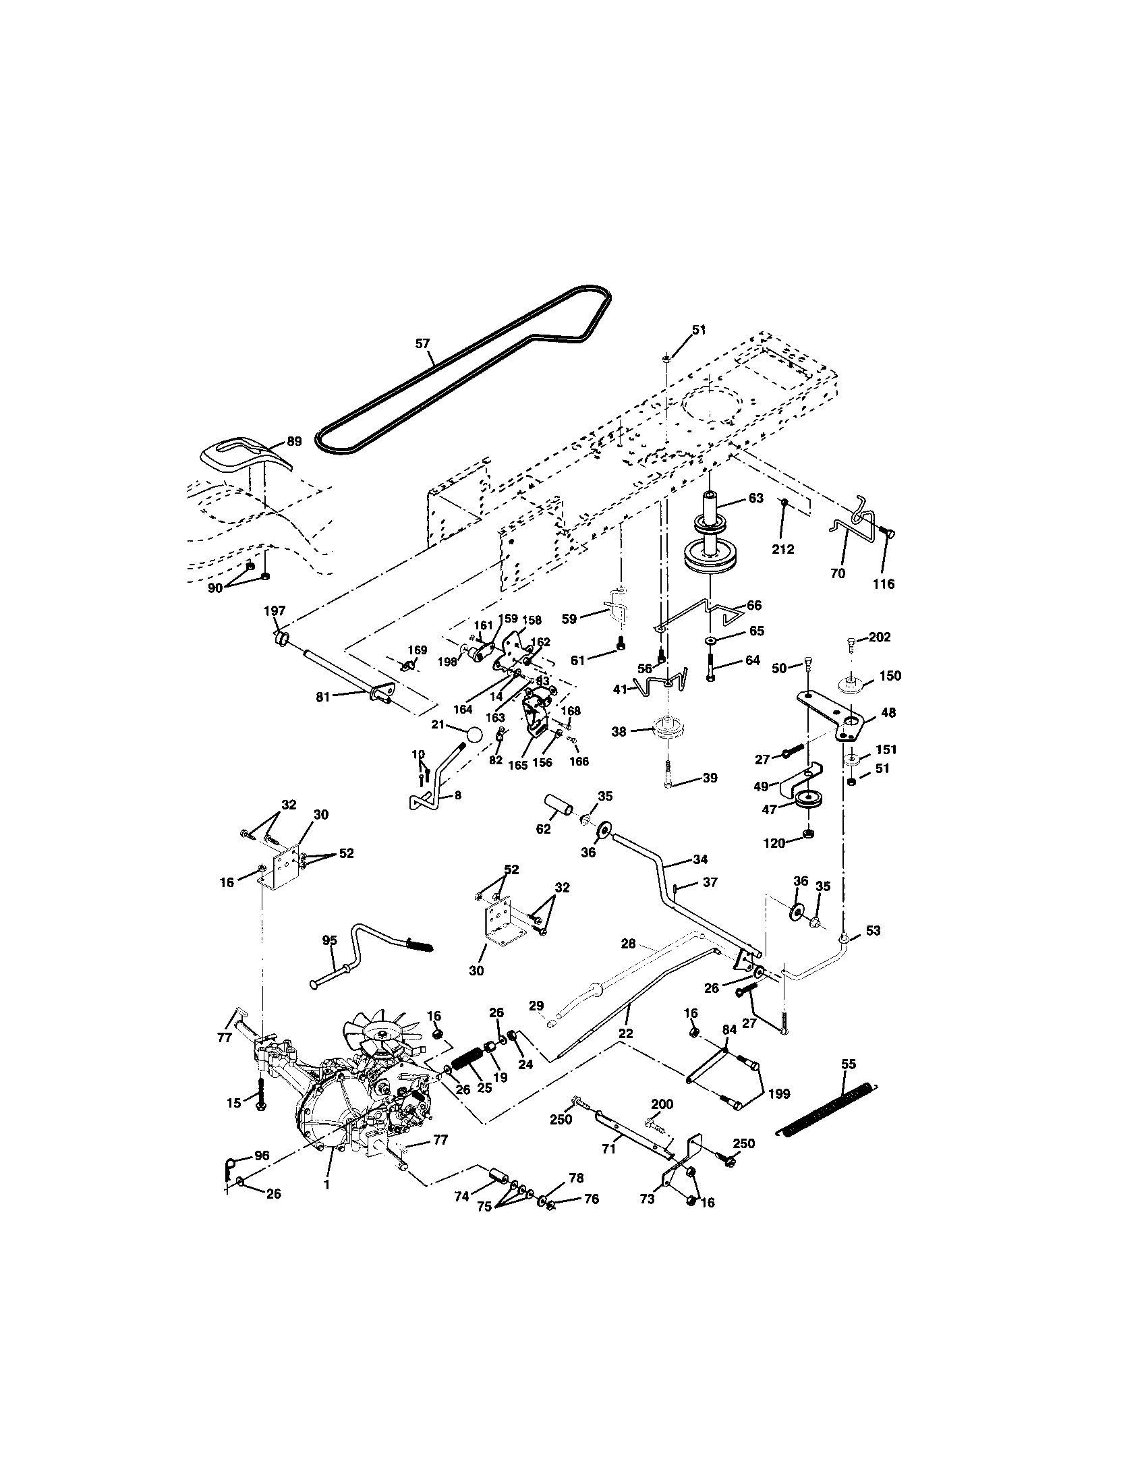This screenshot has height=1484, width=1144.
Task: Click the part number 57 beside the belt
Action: [x=422, y=344]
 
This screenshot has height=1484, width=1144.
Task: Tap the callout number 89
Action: [x=293, y=441]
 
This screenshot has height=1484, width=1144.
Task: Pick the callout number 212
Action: [x=783, y=549]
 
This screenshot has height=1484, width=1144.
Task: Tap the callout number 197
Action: [x=275, y=611]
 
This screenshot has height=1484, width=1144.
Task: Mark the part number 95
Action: [x=328, y=940]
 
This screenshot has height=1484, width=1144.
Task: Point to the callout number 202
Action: [x=880, y=637]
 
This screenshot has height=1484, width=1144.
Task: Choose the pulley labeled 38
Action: [x=668, y=731]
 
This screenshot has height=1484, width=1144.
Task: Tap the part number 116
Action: [x=884, y=583]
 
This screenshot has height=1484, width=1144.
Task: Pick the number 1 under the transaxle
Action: [x=326, y=1184]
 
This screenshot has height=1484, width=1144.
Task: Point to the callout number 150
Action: [x=890, y=675]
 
